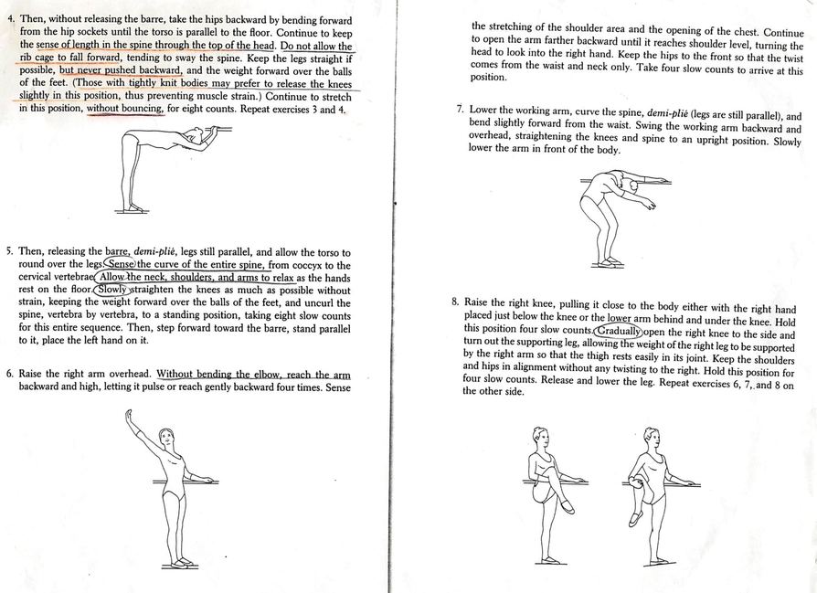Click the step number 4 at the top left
[x=9, y=18]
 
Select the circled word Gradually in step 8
[x=618, y=331]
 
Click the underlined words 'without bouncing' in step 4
[x=126, y=109]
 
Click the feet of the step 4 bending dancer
[x=133, y=207]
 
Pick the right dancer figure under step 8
[x=651, y=493]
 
